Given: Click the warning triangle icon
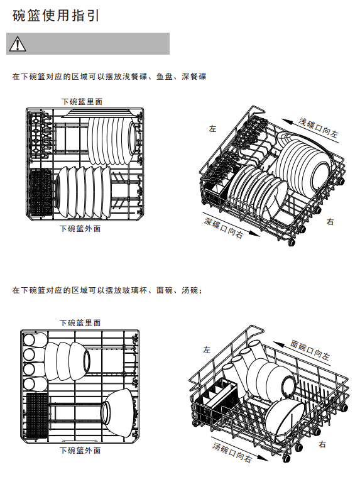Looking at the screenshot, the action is coord(18,44).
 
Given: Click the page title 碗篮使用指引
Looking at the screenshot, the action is coord(56,16).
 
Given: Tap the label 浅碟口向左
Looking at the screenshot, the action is coord(318,128).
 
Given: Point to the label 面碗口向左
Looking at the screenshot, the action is coord(310,350).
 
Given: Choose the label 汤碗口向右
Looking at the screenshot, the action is coord(232,452).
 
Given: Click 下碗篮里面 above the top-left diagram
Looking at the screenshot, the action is coord(82,101).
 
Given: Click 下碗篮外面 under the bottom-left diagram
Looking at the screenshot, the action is coord(80,450).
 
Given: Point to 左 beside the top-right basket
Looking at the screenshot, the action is coord(212,129).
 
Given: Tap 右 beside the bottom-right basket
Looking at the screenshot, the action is coord(322,444).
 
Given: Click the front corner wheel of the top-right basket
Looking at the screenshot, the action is coord(292,243).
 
